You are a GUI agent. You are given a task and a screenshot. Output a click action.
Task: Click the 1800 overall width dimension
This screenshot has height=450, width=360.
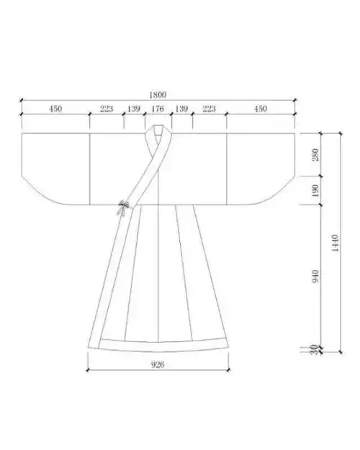[158, 95]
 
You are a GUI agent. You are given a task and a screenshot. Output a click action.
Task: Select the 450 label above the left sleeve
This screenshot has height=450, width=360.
[55, 109]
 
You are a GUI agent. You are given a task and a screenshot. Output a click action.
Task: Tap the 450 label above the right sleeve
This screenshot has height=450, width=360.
[261, 109]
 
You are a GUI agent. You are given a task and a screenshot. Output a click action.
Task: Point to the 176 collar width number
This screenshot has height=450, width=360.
[158, 109]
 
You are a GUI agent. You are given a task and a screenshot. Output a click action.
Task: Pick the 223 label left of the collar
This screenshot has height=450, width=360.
[107, 109]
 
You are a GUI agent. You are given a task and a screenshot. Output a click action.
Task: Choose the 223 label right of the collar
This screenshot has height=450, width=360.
[209, 109]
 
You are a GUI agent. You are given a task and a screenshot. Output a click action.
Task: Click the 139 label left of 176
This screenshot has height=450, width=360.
[134, 109]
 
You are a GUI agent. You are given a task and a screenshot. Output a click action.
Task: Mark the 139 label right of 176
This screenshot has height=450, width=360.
[181, 109]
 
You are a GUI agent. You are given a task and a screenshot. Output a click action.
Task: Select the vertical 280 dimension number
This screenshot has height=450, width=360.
[315, 155]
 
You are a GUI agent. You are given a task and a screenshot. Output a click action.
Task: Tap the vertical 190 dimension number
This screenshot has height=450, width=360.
[315, 191]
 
